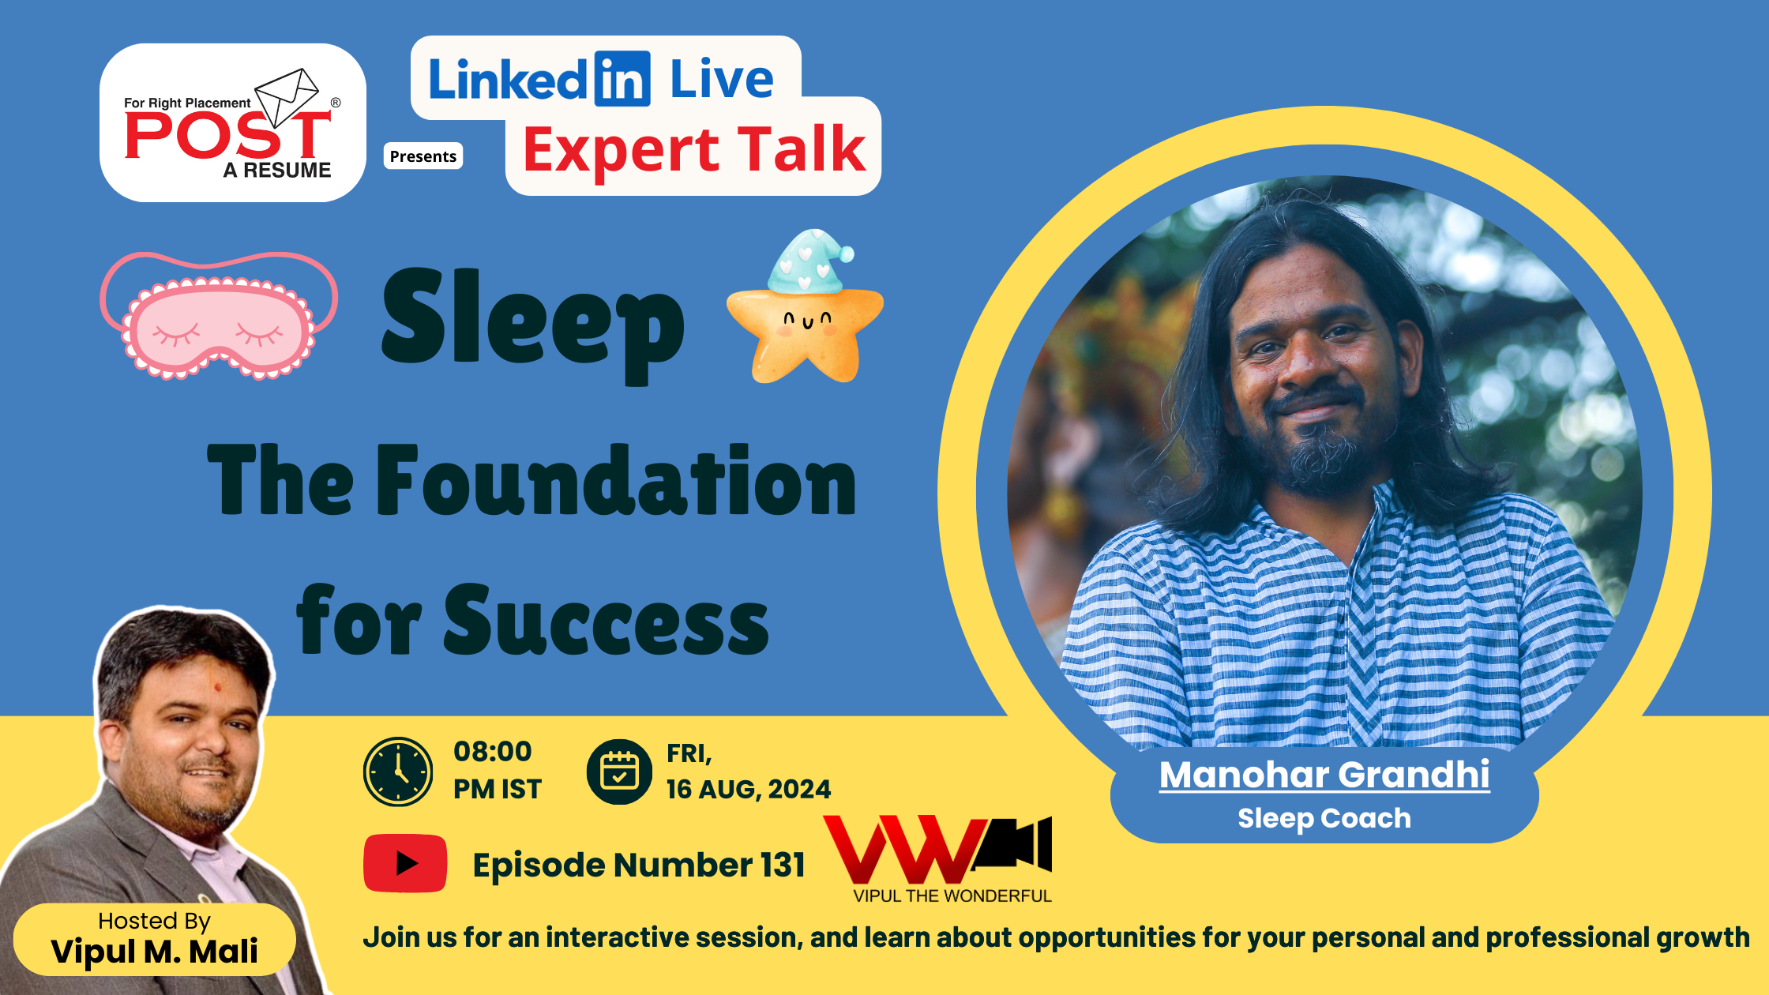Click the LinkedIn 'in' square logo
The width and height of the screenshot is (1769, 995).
point(622,79)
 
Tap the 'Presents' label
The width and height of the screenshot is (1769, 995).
point(423,156)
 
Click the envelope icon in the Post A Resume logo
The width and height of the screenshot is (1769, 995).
point(287,97)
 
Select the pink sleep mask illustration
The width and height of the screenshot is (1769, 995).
point(219,315)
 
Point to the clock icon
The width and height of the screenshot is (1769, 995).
point(398,772)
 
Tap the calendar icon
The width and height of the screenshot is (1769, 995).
point(620,772)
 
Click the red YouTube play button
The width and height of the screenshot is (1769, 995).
point(405,863)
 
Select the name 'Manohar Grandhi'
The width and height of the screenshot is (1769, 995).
point(1324,774)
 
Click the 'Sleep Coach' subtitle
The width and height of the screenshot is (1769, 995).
point(1324,818)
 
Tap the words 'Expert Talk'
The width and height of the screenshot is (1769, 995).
point(694,149)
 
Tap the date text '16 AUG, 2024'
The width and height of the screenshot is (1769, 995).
point(749,789)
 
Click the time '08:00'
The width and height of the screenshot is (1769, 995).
point(493,751)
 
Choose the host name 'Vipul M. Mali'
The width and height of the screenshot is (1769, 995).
point(155,951)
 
